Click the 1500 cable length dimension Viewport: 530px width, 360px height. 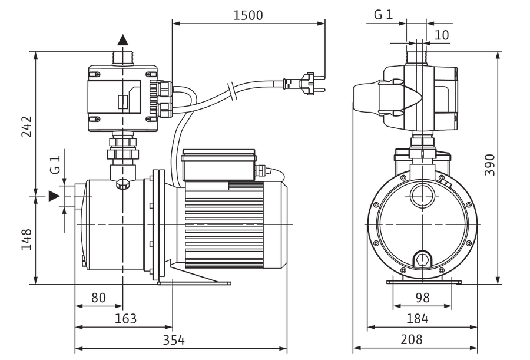[248, 15]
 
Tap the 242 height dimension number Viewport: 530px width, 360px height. [26, 127]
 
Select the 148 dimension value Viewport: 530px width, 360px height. [26, 240]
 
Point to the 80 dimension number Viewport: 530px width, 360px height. [99, 298]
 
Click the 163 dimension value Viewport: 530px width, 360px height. [126, 319]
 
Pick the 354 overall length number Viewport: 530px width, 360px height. [174, 340]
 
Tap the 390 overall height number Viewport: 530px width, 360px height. [490, 165]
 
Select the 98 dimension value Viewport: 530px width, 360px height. [422, 298]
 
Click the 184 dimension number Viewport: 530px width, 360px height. [417, 319]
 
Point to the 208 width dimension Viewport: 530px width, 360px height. [412, 340]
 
